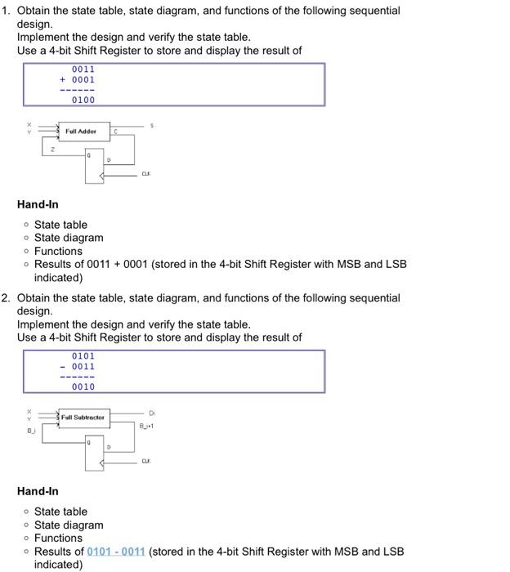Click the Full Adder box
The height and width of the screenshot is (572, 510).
[x=83, y=132]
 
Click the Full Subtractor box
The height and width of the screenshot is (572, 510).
[x=83, y=418]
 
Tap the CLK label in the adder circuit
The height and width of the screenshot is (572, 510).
[x=145, y=174]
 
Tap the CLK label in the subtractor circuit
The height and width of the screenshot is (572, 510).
[x=145, y=461]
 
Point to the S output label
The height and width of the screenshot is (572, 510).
[x=151, y=125]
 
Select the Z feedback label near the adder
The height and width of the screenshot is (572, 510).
[x=52, y=150]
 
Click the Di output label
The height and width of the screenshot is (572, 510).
[x=151, y=412]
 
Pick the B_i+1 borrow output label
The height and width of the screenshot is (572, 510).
[x=147, y=425]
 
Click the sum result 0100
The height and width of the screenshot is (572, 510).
[x=83, y=100]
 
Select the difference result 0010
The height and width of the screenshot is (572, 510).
[x=83, y=387]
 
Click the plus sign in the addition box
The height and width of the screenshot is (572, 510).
[x=63, y=80]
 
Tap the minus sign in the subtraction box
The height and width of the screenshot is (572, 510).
[x=63, y=367]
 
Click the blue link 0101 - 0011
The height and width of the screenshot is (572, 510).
[x=116, y=552]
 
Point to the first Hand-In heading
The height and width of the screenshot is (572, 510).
[x=38, y=204]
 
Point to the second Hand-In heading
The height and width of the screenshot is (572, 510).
[x=38, y=491]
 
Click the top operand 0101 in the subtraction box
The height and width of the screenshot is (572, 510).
[x=83, y=356]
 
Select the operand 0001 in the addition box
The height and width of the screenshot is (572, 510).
[x=83, y=80]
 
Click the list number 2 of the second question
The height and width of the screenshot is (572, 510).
[x=6, y=297]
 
